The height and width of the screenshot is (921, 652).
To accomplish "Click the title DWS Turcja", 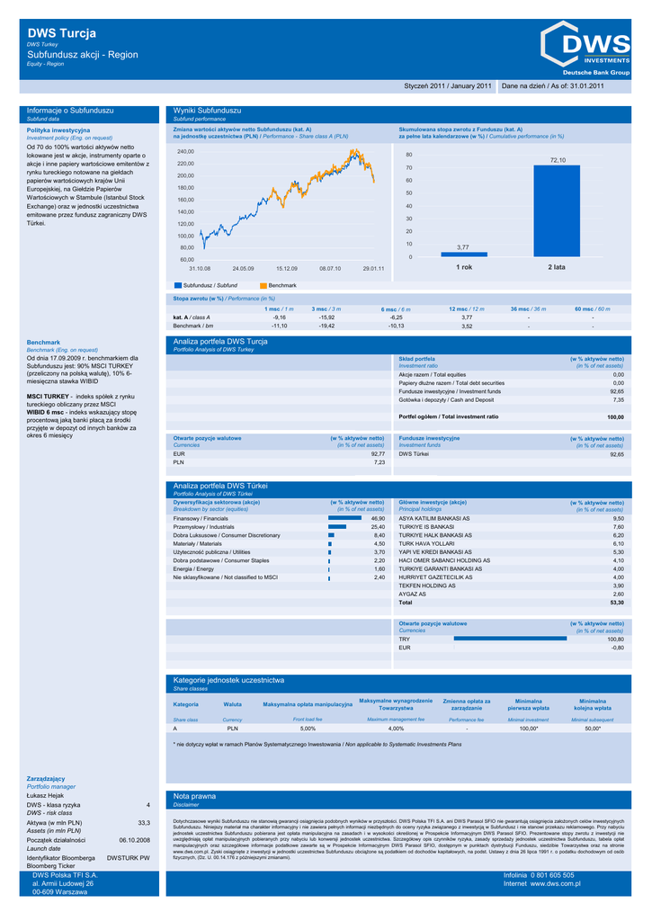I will (62, 34).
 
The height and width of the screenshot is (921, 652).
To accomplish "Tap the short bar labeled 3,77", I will (463, 255).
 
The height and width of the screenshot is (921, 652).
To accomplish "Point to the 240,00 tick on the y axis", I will (185, 151).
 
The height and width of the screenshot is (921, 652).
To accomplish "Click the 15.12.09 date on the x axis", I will (286, 268).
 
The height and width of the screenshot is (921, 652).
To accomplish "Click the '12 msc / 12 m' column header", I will (467, 308).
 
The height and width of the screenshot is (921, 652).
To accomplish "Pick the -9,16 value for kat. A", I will (280, 317).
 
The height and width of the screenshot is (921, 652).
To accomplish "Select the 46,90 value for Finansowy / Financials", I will (378, 519).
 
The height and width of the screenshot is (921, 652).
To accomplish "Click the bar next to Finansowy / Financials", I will (344, 519).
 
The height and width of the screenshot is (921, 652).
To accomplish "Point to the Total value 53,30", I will (616, 603).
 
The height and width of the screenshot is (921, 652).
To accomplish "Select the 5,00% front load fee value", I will (308, 729).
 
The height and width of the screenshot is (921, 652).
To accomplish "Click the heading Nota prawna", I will (194, 797).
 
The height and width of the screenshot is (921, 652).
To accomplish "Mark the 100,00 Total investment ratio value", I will (615, 417).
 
